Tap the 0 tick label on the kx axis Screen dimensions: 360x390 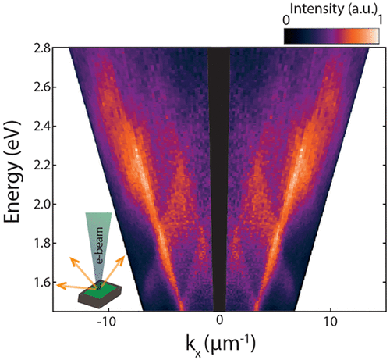[220, 320]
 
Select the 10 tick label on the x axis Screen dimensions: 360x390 [331, 320]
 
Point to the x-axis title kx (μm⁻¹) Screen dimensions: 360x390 [220, 344]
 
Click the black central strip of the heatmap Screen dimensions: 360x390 [220, 180]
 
